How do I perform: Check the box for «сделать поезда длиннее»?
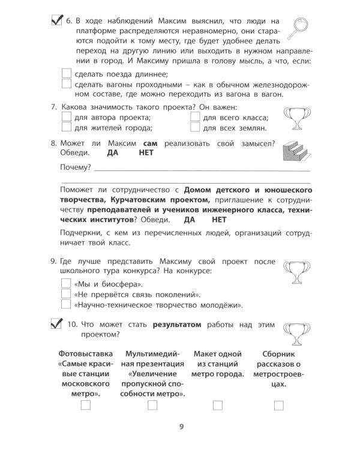66,73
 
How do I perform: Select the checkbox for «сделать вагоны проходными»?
66,85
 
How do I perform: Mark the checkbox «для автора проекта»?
66,117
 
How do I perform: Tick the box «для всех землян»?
194,128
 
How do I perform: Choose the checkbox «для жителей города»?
66,128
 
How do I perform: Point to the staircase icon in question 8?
296,153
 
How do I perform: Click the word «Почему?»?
76,166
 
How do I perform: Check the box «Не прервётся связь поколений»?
66,294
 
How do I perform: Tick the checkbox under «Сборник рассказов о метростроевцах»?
278,406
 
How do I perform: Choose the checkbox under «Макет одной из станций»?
215,406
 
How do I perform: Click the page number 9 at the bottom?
181,427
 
